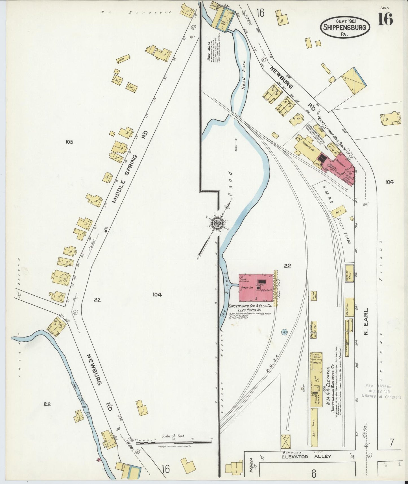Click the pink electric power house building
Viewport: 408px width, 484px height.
[x=256, y=287]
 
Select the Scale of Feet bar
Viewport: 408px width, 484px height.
[x=174, y=442]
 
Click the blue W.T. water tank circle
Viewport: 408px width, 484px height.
[x=285, y=332]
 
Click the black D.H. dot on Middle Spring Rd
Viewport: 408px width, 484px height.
[x=106, y=231]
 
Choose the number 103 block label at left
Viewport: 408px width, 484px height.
[x=69, y=142]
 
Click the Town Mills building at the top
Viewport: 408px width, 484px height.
[x=223, y=17]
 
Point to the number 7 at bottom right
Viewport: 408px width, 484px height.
[x=391, y=443]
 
